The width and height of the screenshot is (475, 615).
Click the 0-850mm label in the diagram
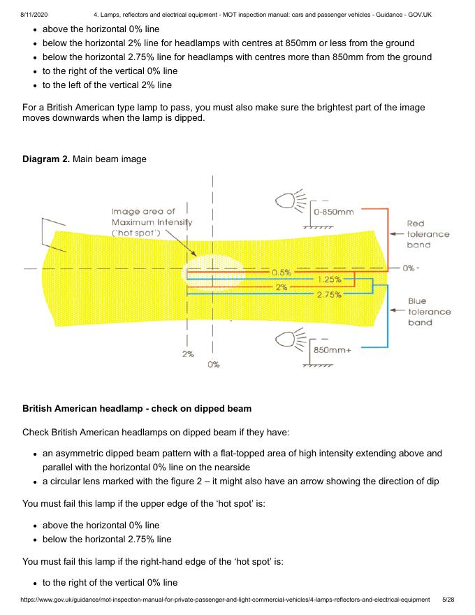coord(334,211)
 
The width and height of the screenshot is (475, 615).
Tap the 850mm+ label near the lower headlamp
coord(332,349)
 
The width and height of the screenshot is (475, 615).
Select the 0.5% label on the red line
coord(282,272)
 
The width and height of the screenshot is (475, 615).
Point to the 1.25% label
coord(329,279)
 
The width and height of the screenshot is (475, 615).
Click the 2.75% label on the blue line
coord(329,295)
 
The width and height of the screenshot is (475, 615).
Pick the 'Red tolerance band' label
coord(427,234)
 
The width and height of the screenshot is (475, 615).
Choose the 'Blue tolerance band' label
coord(429,312)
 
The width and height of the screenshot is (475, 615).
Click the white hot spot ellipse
coord(213,273)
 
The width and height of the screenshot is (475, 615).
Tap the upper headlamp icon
coord(290,201)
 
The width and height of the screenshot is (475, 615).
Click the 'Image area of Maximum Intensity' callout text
coord(152,222)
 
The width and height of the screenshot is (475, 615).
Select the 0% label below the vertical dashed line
coord(213,365)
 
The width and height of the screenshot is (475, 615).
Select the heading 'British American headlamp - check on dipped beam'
coord(137,408)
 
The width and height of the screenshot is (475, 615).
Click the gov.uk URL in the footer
coord(225,600)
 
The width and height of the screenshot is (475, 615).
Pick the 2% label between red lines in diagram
coord(282,287)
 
